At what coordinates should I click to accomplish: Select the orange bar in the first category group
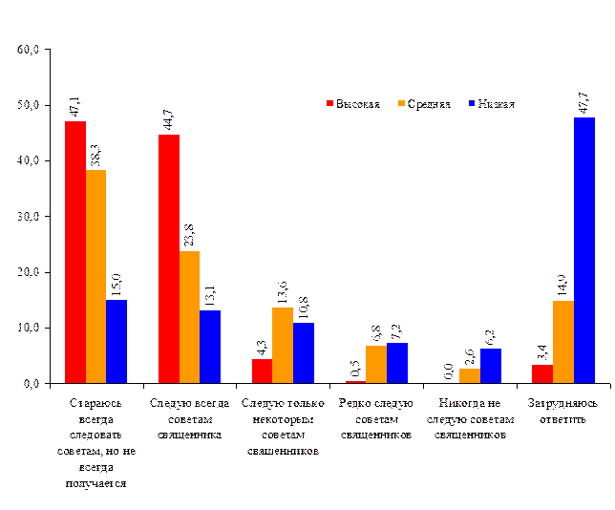pyautogui.click(x=95, y=276)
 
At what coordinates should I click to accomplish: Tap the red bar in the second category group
pyautogui.click(x=168, y=259)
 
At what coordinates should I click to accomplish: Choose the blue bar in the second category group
pyautogui.click(x=210, y=347)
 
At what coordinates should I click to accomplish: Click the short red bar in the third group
pyautogui.click(x=262, y=371)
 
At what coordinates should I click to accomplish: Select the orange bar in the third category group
pyautogui.click(x=283, y=345)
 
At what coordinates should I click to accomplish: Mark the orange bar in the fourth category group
pyautogui.click(x=376, y=364)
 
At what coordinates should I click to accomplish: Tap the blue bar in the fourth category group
pyautogui.click(x=397, y=363)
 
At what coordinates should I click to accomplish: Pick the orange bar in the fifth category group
pyautogui.click(x=470, y=375)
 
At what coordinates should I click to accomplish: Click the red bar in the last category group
pyautogui.click(x=542, y=373)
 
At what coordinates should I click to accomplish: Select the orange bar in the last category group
pyautogui.click(x=563, y=342)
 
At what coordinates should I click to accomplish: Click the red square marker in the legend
pyautogui.click(x=329, y=103)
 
